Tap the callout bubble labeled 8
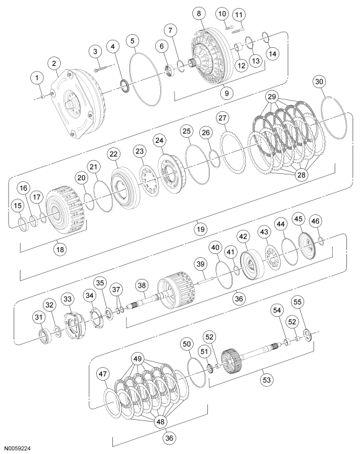(197, 12)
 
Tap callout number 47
(102, 374)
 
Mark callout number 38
(142, 285)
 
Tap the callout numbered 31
(39, 318)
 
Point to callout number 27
(222, 119)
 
